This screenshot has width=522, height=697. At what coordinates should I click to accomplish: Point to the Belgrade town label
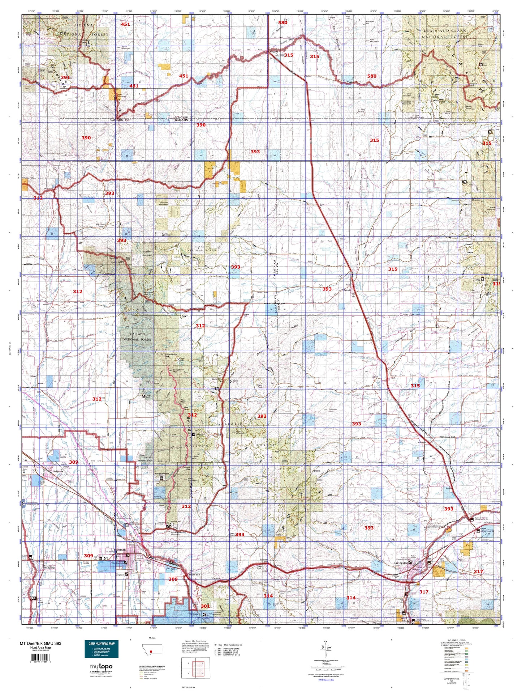point(53,472)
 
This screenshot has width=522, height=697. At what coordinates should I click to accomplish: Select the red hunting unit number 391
point(65,78)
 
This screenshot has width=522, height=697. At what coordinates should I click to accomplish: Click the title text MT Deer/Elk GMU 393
point(40,643)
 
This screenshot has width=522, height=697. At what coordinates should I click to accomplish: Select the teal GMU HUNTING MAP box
point(101,649)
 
